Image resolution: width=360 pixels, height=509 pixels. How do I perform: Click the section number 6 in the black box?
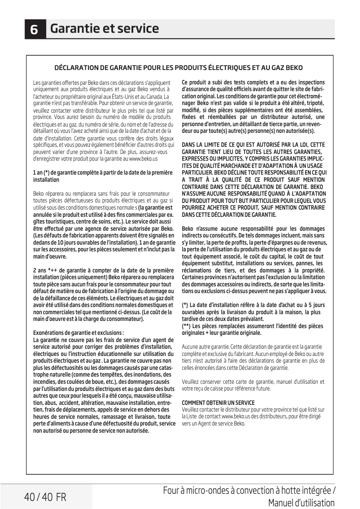coord(35,30)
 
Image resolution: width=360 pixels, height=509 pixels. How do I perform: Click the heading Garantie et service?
coord(104,29)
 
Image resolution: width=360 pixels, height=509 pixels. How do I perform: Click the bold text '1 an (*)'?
coord(41,173)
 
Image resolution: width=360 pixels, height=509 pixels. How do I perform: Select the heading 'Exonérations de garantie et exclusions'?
coord(79,333)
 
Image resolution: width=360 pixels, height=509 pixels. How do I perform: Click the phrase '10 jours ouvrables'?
coord(66,243)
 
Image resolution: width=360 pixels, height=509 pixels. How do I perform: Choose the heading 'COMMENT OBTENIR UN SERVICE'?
coord(218,403)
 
